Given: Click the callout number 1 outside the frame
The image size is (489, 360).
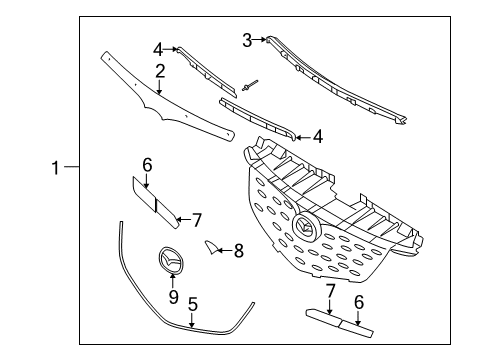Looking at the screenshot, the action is [x=56, y=168].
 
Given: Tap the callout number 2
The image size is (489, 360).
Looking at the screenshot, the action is [x=160, y=71].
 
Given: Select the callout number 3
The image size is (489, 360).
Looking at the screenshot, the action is [x=247, y=40].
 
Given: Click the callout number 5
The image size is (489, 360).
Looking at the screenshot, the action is [x=193, y=305].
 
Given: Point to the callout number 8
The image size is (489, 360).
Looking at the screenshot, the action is [x=239, y=250].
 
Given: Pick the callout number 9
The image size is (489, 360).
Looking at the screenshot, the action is [x=173, y=296].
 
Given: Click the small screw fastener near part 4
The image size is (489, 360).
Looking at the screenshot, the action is [x=250, y=85].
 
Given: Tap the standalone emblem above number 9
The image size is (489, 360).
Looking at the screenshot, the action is [x=170, y=260].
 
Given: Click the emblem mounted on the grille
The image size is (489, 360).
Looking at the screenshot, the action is [x=305, y=227].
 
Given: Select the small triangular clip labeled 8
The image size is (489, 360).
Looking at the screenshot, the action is [x=211, y=248].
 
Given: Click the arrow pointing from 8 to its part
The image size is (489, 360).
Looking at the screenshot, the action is [x=224, y=250].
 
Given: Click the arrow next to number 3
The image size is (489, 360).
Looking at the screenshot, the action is [x=259, y=40].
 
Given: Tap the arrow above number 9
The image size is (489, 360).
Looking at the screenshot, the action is [x=173, y=281].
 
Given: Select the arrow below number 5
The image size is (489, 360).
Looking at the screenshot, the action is [x=192, y=320].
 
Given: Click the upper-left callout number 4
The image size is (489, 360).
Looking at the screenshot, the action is [x=158, y=50].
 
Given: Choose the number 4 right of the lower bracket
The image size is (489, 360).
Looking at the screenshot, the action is [x=318, y=137].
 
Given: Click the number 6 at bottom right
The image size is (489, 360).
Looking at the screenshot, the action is [x=359, y=302].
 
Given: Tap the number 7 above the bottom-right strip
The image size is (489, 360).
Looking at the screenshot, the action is [x=330, y=291].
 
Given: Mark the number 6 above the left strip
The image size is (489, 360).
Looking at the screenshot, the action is [x=147, y=165].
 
